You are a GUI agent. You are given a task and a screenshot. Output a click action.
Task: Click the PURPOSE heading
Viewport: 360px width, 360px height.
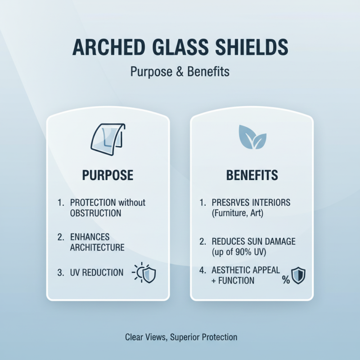click(108, 175)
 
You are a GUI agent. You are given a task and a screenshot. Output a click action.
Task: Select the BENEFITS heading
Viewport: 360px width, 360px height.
click(252, 175)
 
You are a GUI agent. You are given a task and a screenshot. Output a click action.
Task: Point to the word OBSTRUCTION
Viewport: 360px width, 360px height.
click(96, 213)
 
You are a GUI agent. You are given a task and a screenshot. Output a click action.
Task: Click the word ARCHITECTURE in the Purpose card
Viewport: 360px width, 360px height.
click(97, 247)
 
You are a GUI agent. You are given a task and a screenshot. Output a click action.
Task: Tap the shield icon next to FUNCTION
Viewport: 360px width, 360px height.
click(298, 275)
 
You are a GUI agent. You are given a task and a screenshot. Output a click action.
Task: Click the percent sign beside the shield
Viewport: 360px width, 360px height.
click(286, 280)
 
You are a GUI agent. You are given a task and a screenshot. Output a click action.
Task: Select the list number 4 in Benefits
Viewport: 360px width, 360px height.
click(202, 270)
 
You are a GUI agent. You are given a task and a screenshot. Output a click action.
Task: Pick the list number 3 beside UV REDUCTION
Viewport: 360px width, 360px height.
click(61, 272)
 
